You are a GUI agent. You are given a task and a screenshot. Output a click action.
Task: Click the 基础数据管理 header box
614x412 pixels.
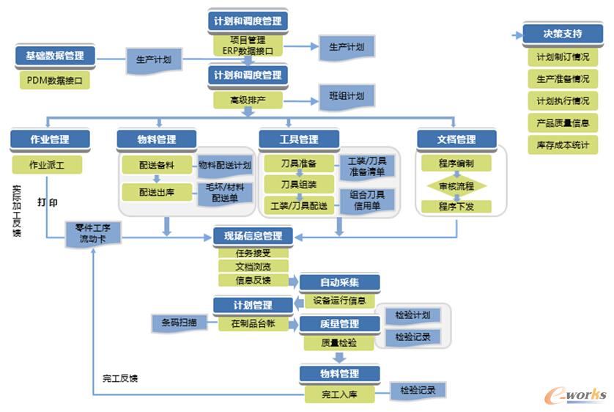click(55, 56)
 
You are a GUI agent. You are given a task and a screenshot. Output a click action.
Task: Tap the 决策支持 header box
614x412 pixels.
click(563, 34)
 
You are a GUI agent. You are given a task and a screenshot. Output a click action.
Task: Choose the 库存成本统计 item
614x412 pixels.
click(563, 145)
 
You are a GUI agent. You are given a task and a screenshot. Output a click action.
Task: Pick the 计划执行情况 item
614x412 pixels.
click(563, 101)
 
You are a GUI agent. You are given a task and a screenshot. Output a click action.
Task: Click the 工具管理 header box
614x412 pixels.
click(299, 139)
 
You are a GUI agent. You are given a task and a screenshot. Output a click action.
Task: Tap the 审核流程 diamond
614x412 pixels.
click(456, 186)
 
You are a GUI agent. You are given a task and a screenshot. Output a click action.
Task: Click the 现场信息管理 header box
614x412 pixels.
click(253, 236)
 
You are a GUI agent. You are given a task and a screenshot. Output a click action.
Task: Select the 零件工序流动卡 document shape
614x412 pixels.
click(93, 235)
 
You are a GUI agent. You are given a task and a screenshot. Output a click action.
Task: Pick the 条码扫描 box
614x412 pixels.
click(174, 322)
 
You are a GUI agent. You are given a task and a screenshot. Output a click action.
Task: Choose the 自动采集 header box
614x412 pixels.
click(339, 283)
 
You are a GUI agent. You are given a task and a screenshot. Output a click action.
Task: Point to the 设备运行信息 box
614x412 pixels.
click(339, 300)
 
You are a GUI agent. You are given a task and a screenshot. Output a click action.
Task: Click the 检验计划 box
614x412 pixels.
click(413, 315)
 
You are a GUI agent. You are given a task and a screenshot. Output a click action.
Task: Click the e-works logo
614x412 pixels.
click(576, 394)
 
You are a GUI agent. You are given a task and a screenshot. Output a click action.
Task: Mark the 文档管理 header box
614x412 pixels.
click(456, 139)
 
